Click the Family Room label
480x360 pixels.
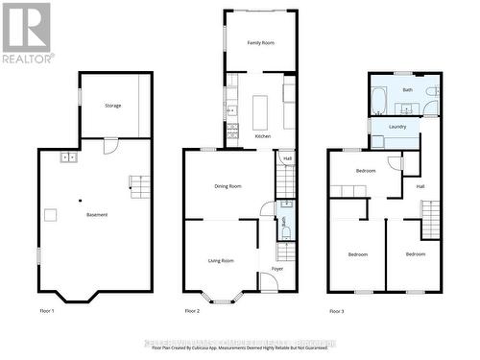click(x=261, y=43)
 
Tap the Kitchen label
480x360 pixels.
click(x=262, y=136)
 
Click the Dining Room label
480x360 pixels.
click(x=228, y=186)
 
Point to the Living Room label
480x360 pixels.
click(x=222, y=260)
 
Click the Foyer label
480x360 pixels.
click(x=276, y=269)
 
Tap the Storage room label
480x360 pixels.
click(x=113, y=106)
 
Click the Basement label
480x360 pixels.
click(x=96, y=214)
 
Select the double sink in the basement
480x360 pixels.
click(x=69, y=156)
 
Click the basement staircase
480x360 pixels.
click(x=141, y=183)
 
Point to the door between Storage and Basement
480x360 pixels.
click(x=110, y=146)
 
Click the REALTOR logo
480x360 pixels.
click(x=26, y=33)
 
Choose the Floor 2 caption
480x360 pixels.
click(x=192, y=311)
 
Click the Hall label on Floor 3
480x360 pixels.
click(x=420, y=186)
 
